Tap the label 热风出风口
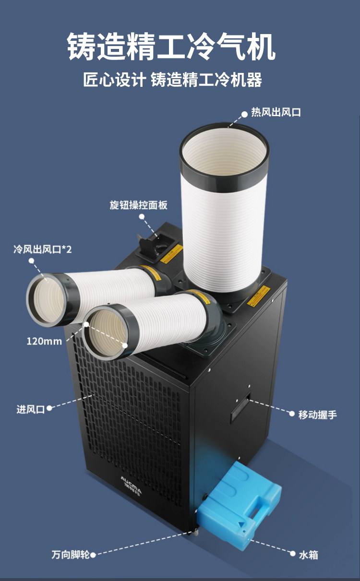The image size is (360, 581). [x=276, y=113]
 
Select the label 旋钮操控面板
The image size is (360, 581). [x=138, y=205]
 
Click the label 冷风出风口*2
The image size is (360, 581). [x=42, y=249]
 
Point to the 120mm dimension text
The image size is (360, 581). [x=44, y=342]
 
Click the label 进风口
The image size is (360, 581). [x=30, y=409]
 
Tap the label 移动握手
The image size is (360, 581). [x=318, y=415]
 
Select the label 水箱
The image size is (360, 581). [x=308, y=555]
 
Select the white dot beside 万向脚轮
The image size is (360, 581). [x=93, y=555]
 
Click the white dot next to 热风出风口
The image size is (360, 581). [x=244, y=113]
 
